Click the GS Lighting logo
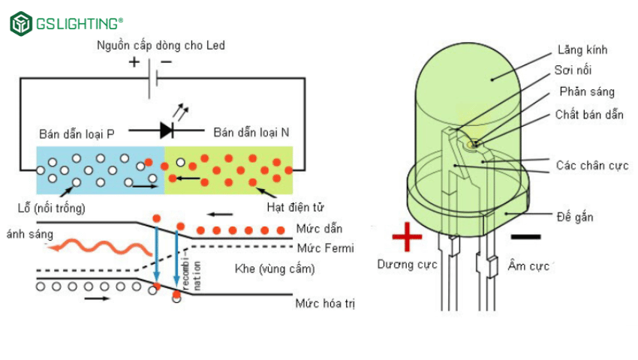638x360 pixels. coord(67,23)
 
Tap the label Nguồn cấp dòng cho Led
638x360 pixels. coord(161,45)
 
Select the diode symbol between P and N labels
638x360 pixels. coord(167,130)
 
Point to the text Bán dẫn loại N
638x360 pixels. coord(251,133)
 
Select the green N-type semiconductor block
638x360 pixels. coord(228,170)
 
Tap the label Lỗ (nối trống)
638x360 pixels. coord(50,207)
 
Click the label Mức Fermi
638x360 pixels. coord(324,248)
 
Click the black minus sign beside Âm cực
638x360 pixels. coord(525,238)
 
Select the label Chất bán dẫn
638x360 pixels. coord(587,115)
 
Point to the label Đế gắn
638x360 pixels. coord(575,217)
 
